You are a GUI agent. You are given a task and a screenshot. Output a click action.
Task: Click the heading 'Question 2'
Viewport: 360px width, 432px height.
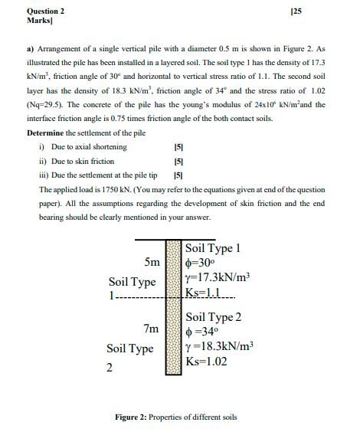(x=45, y=11)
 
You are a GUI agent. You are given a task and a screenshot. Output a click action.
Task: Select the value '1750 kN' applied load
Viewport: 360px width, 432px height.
(x=116, y=188)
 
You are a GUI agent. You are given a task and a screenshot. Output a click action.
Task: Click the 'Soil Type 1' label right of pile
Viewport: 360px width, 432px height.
(x=214, y=248)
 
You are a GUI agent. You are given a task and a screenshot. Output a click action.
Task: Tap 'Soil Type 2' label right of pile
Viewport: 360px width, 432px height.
(x=214, y=317)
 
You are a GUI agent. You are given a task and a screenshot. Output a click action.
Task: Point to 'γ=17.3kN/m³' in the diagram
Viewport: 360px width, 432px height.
(x=218, y=277)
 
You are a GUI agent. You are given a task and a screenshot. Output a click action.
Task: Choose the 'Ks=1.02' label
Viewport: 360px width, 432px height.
(x=207, y=361)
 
